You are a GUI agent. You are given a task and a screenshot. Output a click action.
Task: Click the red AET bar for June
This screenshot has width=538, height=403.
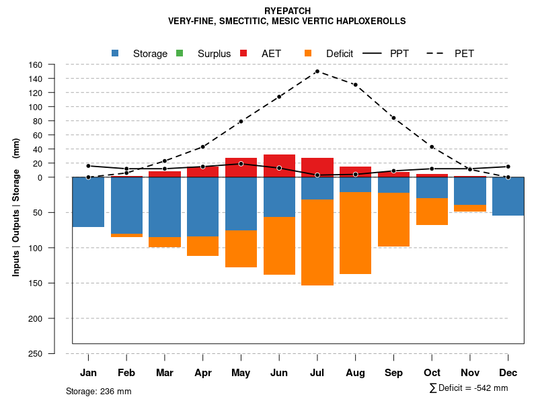(279, 165)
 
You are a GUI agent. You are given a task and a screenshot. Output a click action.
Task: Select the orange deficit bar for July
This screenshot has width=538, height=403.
(317, 242)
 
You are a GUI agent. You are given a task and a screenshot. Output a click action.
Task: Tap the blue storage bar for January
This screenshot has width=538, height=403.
(88, 202)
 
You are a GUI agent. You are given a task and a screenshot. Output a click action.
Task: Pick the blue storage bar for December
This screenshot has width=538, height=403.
(508, 196)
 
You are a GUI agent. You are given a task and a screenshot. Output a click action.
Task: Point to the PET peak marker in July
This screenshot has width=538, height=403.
(317, 71)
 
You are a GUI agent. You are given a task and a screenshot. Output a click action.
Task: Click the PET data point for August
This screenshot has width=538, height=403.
(355, 85)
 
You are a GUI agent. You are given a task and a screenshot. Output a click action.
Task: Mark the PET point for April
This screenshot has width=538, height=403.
(202, 146)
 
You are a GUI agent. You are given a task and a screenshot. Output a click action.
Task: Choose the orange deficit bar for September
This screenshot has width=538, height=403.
(393, 220)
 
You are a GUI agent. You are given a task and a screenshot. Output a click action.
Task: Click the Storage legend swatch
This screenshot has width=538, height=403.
(115, 53)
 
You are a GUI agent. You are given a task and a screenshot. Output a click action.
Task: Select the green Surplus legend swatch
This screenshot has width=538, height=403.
(180, 53)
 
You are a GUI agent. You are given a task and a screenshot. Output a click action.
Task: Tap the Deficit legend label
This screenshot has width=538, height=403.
(340, 54)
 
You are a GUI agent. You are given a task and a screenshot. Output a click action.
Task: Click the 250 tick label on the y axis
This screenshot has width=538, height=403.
(36, 353)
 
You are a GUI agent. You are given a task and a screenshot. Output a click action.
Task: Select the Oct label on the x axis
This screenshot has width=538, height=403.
(432, 373)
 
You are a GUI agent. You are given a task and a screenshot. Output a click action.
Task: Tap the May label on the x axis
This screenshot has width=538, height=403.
(241, 373)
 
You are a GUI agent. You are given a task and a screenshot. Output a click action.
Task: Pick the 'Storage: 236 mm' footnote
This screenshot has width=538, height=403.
(99, 391)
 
